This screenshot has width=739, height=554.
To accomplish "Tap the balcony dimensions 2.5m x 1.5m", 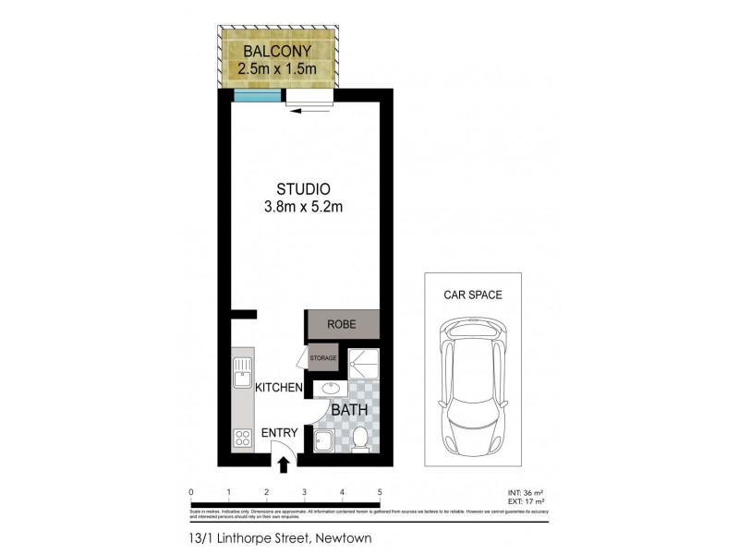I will coord(277,68).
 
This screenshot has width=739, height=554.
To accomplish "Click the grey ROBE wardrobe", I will coord(343,325).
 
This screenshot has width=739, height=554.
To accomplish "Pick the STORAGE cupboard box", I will coord(323,356).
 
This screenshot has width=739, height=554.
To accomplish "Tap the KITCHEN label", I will coord(279,388).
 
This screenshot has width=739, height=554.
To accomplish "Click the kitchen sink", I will coord(243,374).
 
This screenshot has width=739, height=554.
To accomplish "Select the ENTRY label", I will coord(279,433).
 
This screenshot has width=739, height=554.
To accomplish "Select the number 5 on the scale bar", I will coord(380,492).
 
